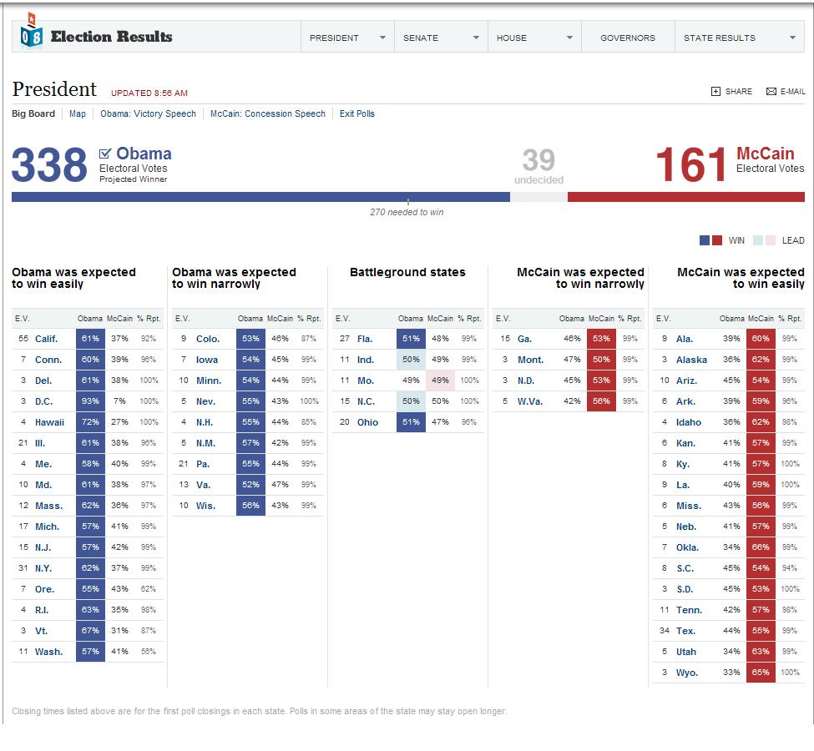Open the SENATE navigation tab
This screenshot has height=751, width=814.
point(440,38)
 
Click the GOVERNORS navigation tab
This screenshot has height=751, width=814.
point(627,38)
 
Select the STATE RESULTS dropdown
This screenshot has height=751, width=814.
point(739,38)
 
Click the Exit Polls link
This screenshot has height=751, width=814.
point(356,113)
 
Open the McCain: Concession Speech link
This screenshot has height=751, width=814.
point(268,113)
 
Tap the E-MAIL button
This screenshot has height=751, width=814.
point(786,92)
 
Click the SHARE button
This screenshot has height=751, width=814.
point(731,92)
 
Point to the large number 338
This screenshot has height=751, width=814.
point(49,165)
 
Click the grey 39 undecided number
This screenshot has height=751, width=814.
point(538,160)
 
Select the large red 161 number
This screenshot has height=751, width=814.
point(690,165)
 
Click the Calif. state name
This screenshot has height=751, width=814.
point(46,339)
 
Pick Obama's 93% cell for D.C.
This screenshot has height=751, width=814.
point(90,401)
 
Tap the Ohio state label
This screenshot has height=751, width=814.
point(367,422)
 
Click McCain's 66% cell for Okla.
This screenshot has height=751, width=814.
point(761,547)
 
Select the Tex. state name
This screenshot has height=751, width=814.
point(685,631)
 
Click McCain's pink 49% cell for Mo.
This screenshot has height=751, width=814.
point(440,381)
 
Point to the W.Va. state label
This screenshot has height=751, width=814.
point(529,401)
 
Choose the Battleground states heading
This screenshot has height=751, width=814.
point(407,272)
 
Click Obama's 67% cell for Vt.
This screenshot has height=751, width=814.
point(90,631)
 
